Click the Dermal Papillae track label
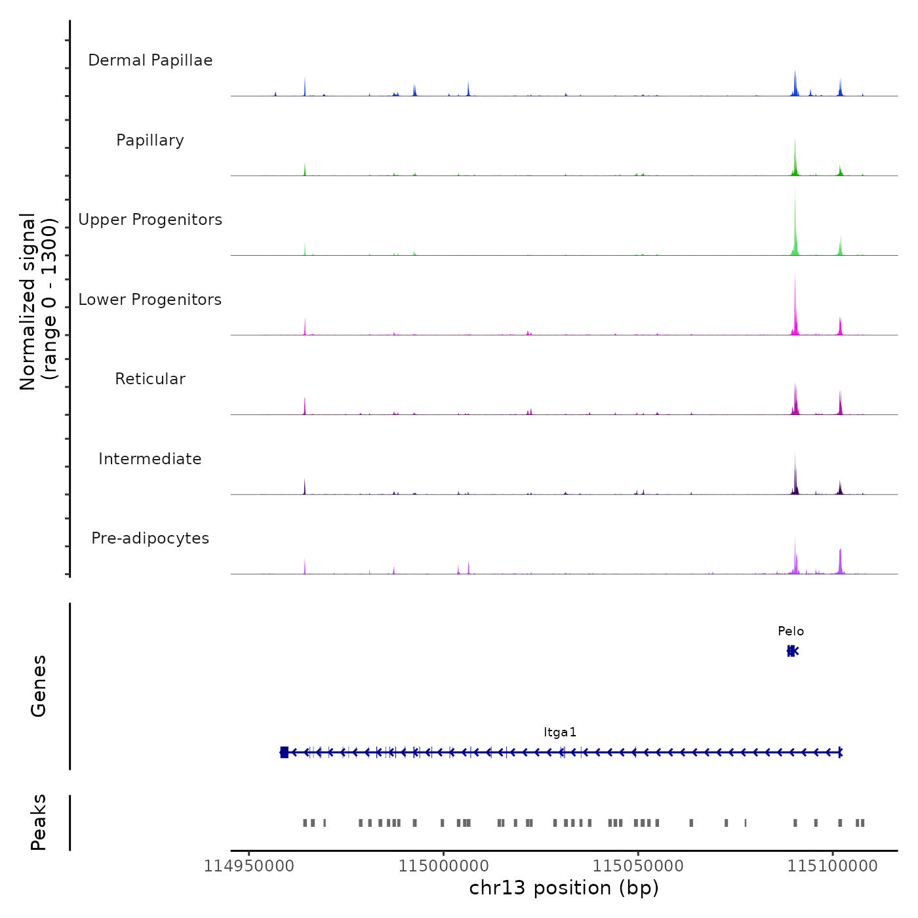click(x=150, y=60)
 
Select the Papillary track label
click(x=150, y=140)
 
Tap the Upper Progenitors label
click(x=150, y=220)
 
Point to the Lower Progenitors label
click(x=150, y=300)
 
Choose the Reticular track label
click(x=150, y=379)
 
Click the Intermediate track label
click(x=150, y=459)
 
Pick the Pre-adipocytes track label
click(x=150, y=538)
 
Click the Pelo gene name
click(x=791, y=631)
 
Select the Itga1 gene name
click(x=560, y=732)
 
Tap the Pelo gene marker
click(x=792, y=650)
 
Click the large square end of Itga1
click(x=284, y=752)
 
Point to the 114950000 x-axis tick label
click(x=249, y=866)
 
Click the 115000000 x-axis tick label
click(x=443, y=866)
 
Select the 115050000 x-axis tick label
click(x=638, y=866)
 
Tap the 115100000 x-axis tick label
click(x=833, y=866)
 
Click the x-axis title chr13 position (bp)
click(x=564, y=888)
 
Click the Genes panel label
click(x=38, y=686)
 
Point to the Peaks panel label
click(x=38, y=822)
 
